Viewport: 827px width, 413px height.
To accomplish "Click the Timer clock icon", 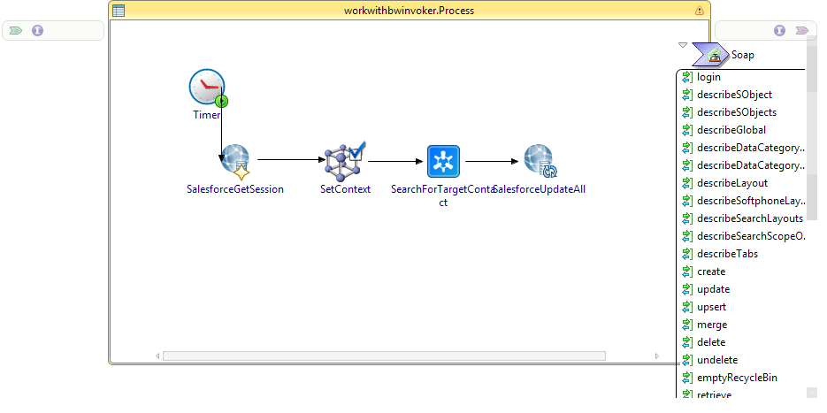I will click(x=206, y=87).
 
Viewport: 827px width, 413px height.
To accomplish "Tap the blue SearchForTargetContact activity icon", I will click(x=443, y=161).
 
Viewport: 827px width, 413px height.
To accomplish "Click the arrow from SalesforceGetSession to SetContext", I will click(x=292, y=160).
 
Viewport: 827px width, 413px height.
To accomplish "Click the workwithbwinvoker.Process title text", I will click(x=409, y=11).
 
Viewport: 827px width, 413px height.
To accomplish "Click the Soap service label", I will click(x=743, y=55).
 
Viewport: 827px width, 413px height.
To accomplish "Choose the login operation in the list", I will click(x=708, y=77).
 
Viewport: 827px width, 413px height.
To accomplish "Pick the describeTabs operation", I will click(x=727, y=254).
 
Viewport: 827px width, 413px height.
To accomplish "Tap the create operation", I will click(x=711, y=272).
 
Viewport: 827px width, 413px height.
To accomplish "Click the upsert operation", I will click(x=712, y=307).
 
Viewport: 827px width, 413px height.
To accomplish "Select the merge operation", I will click(x=712, y=325).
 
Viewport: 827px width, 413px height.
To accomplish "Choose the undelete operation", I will click(x=717, y=360).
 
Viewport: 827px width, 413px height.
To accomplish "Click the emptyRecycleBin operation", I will click(x=737, y=378).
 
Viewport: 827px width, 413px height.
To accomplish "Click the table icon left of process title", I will click(x=119, y=11).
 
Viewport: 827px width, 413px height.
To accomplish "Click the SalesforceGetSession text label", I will click(x=235, y=189).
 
